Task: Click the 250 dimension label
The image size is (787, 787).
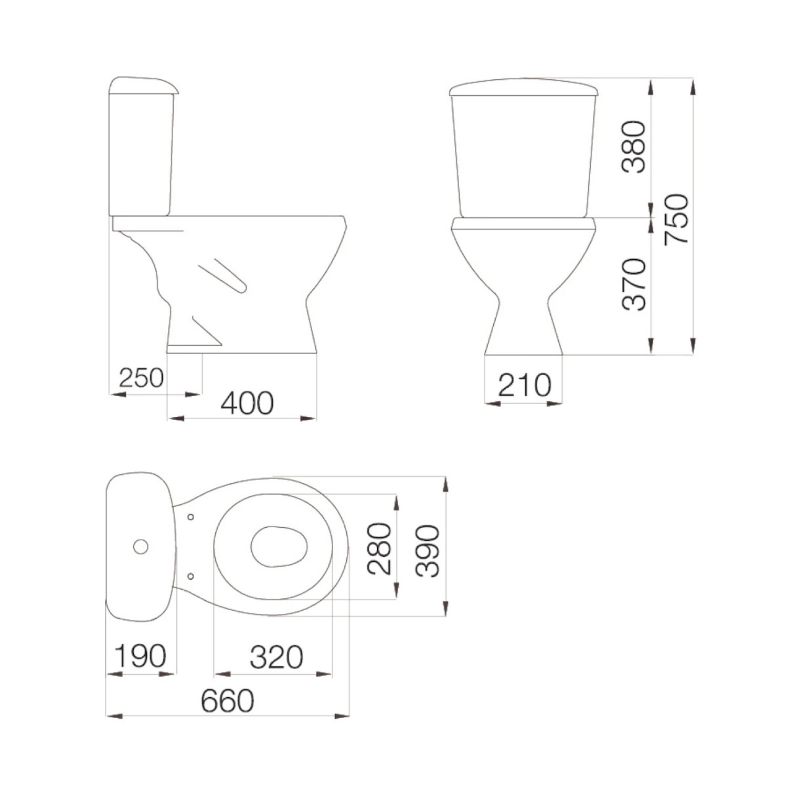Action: (x=141, y=378)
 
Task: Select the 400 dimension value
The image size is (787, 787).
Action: (x=247, y=403)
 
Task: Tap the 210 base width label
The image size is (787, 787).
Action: (x=524, y=386)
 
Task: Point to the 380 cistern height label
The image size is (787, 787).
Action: (x=634, y=147)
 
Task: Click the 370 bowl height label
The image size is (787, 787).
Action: (x=634, y=284)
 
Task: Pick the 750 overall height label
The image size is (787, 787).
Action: (x=676, y=219)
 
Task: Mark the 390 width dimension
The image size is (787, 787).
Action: (x=427, y=551)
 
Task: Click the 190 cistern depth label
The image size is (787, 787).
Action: (x=140, y=656)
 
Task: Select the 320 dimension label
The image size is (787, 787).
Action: (x=276, y=657)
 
